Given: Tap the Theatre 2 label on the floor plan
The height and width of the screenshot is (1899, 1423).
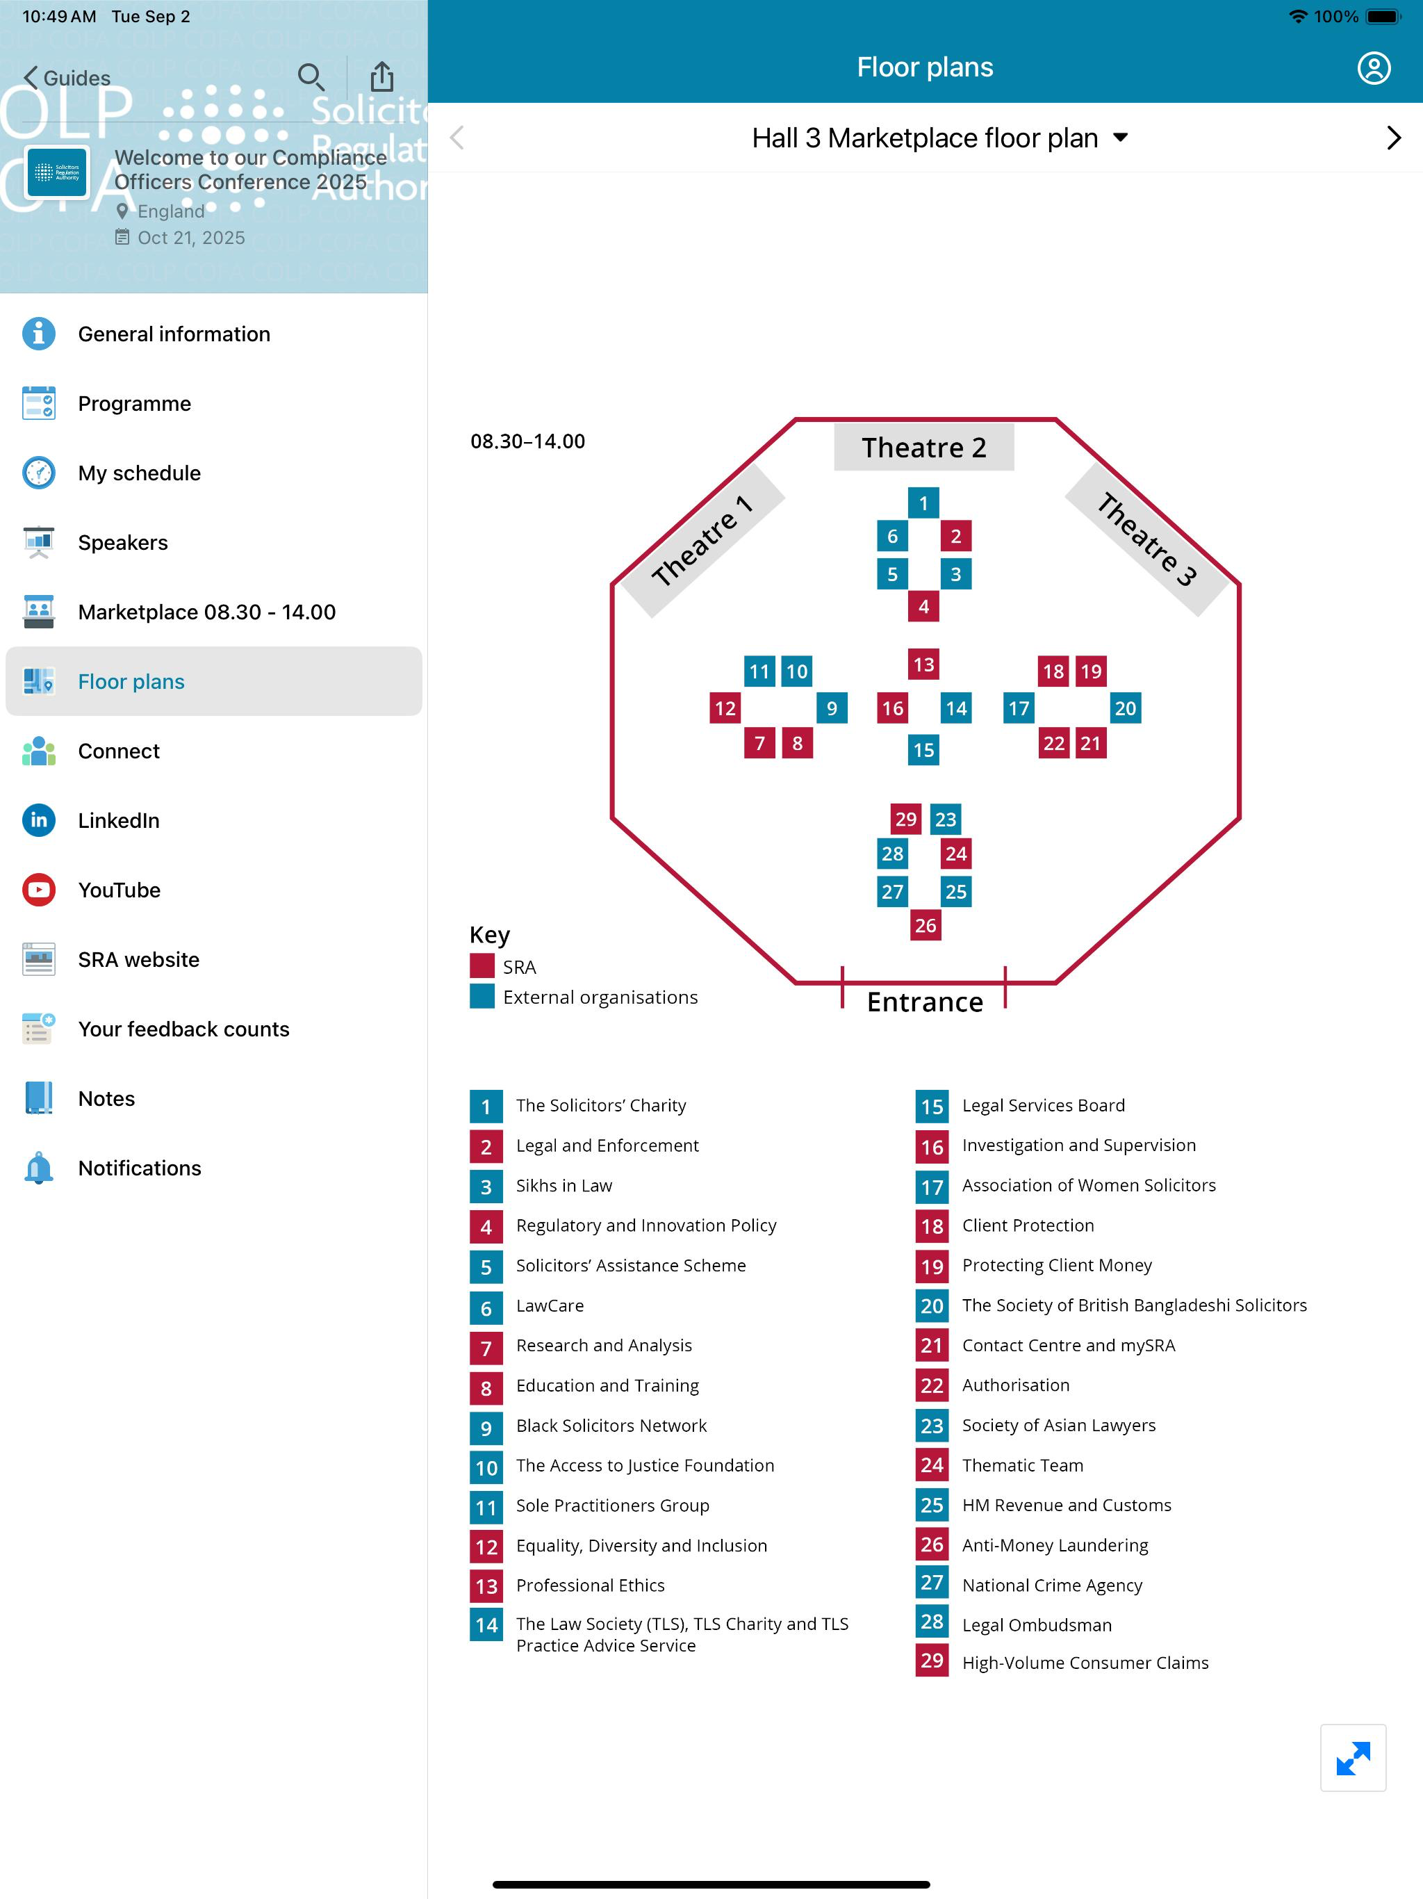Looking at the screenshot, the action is coord(923,447).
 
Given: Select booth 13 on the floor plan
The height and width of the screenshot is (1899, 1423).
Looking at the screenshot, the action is coord(923,664).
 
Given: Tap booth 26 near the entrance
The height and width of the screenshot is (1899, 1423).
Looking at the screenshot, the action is coord(926,924).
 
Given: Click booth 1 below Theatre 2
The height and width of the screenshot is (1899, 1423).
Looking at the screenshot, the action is coord(923,503).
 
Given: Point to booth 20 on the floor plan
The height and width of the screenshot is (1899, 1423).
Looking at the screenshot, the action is coord(1125,708).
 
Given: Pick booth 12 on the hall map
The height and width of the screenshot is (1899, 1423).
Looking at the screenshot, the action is coord(725,708).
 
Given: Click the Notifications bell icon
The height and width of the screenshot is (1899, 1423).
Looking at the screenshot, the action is coord(39,1168).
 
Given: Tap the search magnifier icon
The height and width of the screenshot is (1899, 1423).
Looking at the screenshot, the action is coord(311,77).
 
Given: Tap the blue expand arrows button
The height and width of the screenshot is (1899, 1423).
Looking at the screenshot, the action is coord(1353,1757).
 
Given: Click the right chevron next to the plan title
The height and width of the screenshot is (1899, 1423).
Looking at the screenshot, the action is coord(1394,138).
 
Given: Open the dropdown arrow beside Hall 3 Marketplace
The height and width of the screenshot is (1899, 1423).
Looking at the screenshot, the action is coord(1120,138).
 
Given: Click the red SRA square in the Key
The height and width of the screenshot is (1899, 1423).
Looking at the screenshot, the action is coord(482,965).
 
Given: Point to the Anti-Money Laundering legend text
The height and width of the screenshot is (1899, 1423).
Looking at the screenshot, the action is coord(1055,1545).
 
